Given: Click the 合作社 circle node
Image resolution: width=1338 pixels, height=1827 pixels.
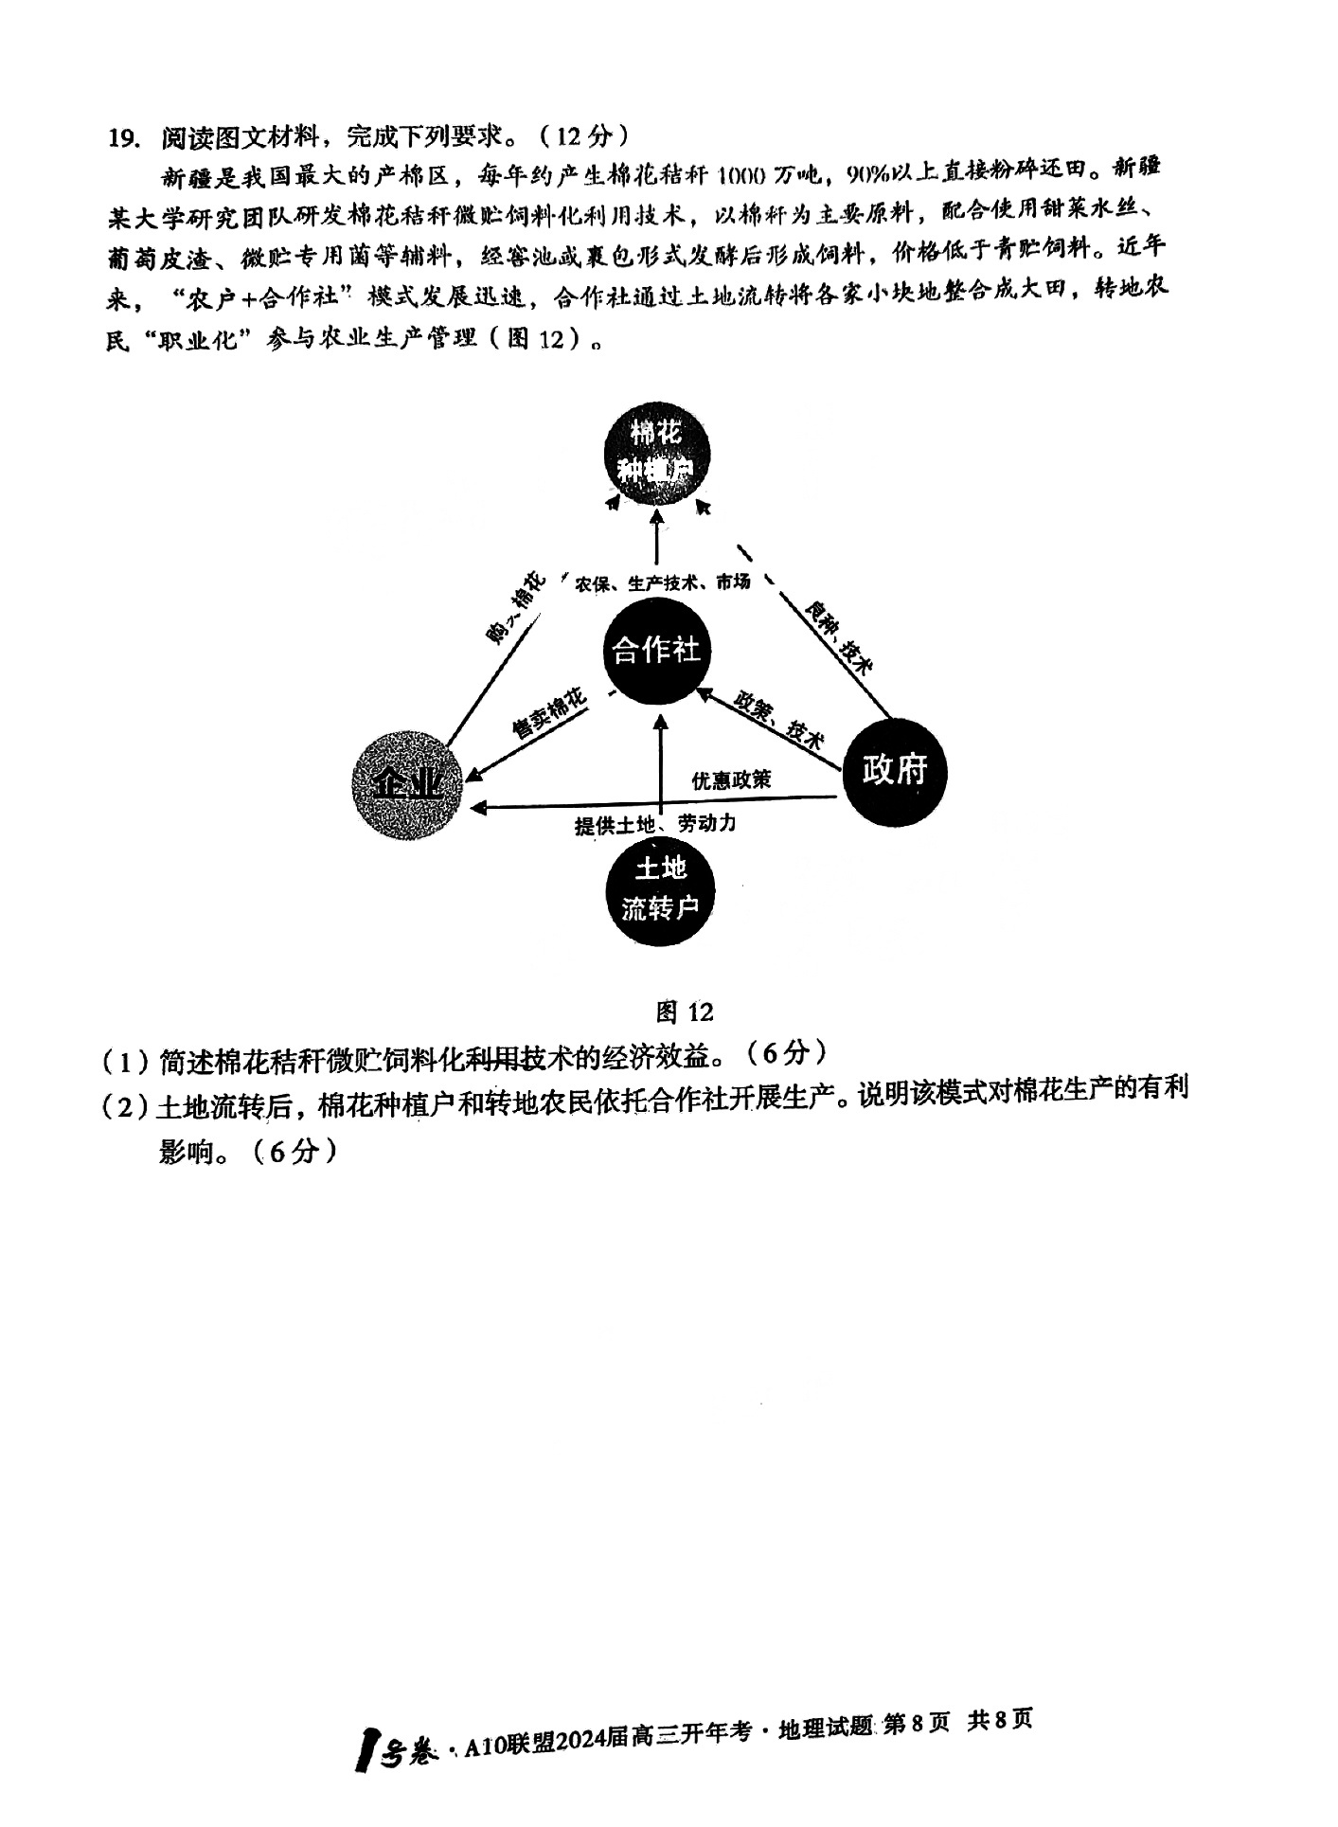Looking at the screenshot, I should [657, 651].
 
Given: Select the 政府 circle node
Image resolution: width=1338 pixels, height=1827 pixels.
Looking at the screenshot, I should [894, 770].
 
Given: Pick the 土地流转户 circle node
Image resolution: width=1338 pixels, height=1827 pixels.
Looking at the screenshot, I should [659, 889].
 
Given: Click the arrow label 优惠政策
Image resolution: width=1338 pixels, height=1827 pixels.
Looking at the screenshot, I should [730, 779].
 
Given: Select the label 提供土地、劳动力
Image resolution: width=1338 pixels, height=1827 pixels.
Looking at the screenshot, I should [655, 823].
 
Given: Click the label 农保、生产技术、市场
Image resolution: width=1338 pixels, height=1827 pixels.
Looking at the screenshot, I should [662, 582].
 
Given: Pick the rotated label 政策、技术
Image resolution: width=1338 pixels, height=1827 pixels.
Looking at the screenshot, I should [780, 720].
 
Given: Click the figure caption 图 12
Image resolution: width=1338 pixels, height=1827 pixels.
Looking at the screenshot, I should [685, 1012].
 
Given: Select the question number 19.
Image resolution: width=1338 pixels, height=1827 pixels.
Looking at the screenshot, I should [123, 138].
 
